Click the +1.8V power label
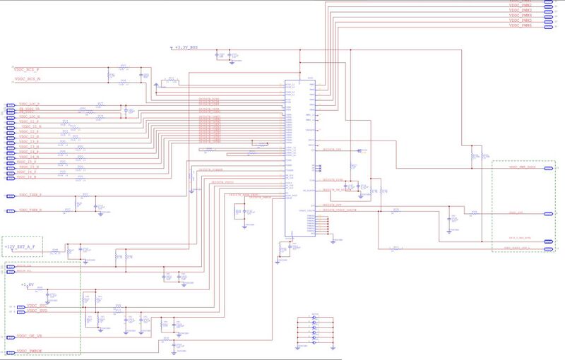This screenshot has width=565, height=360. [28, 285]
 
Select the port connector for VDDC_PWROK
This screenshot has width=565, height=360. [10, 350]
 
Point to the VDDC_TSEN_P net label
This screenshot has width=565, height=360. [30, 194]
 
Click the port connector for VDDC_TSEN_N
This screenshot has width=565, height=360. [10, 211]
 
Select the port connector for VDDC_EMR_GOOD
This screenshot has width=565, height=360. [547, 167]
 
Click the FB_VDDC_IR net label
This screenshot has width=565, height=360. [29, 110]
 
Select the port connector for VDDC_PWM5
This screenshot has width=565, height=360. [547, 21]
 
